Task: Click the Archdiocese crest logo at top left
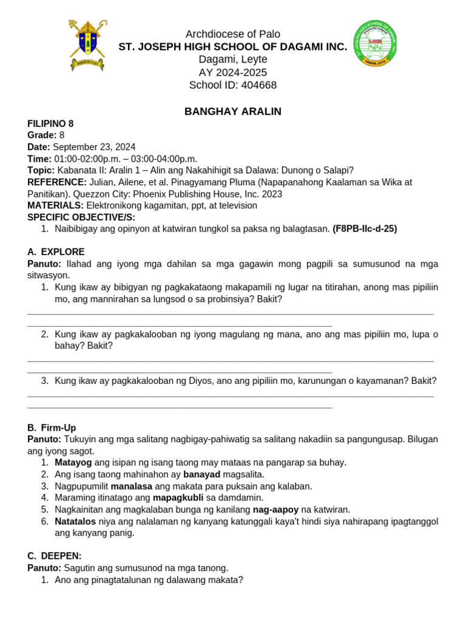pyautogui.click(x=88, y=46)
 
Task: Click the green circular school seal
pyautogui.click(x=375, y=44)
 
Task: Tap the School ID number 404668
pyautogui.click(x=259, y=85)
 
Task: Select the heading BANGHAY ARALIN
pyautogui.click(x=233, y=112)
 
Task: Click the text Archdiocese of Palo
pyautogui.click(x=233, y=34)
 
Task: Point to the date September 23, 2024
pyautogui.click(x=94, y=147)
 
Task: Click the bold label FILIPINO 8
pyautogui.click(x=50, y=123)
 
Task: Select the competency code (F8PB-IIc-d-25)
pyautogui.click(x=365, y=229)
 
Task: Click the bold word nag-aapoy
pyautogui.click(x=275, y=510)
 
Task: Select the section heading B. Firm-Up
pyautogui.click(x=54, y=428)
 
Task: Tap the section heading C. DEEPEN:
pyautogui.click(x=55, y=556)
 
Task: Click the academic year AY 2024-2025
pyautogui.click(x=233, y=72)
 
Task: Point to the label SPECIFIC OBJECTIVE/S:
pyautogui.click(x=81, y=217)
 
